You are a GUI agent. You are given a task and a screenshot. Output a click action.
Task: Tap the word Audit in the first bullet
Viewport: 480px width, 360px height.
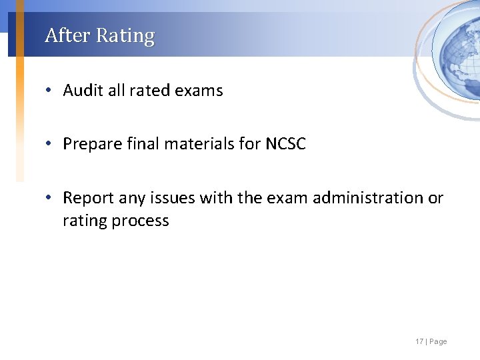[x=83, y=91]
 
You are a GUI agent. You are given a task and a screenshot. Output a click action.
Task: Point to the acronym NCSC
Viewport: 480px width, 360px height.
[x=285, y=144]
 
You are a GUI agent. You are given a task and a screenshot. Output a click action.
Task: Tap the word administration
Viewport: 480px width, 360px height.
[x=367, y=198]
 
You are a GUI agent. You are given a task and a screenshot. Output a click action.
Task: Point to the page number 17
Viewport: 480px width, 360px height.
[x=419, y=342]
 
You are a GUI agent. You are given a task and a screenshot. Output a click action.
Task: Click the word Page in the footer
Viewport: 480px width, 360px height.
[x=439, y=342]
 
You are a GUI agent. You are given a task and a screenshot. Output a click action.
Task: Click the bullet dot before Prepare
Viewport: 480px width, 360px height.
[x=51, y=145]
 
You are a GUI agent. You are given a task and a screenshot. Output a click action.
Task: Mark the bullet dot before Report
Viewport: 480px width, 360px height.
[x=51, y=199]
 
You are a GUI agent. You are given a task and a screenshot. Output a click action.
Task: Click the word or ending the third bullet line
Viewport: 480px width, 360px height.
[x=436, y=198]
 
